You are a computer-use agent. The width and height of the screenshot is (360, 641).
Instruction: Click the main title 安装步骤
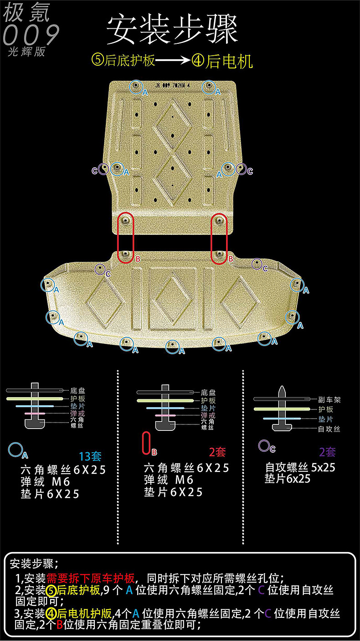[x=172, y=30]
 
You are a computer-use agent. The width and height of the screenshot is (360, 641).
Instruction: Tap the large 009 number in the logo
[x=31, y=35]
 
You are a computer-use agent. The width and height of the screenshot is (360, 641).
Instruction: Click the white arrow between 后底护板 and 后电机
[x=174, y=61]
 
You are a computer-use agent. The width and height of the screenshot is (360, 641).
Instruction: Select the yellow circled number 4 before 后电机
[x=197, y=61]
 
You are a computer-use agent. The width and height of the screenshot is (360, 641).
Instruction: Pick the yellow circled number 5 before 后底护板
[x=98, y=61]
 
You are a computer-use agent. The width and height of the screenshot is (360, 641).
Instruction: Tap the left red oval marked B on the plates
[x=126, y=238]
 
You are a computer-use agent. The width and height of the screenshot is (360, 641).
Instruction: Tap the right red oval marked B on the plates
[x=219, y=238]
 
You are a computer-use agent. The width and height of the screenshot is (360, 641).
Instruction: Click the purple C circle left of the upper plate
[x=103, y=170]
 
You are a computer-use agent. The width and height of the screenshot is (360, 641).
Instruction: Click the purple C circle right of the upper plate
[x=241, y=170]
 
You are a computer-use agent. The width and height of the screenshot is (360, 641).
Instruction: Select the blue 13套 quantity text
[x=90, y=456]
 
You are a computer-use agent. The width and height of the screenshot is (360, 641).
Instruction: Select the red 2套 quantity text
[x=217, y=452]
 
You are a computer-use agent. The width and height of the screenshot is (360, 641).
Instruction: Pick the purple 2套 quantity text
[x=327, y=452]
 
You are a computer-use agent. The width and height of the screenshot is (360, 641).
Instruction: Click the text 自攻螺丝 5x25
[x=300, y=467]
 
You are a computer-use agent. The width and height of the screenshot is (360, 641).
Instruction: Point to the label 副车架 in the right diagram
[x=329, y=400]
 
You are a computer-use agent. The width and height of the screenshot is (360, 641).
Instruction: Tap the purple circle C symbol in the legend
[x=264, y=445]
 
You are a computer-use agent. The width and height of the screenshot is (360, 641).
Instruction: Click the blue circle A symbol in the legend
[x=15, y=450]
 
